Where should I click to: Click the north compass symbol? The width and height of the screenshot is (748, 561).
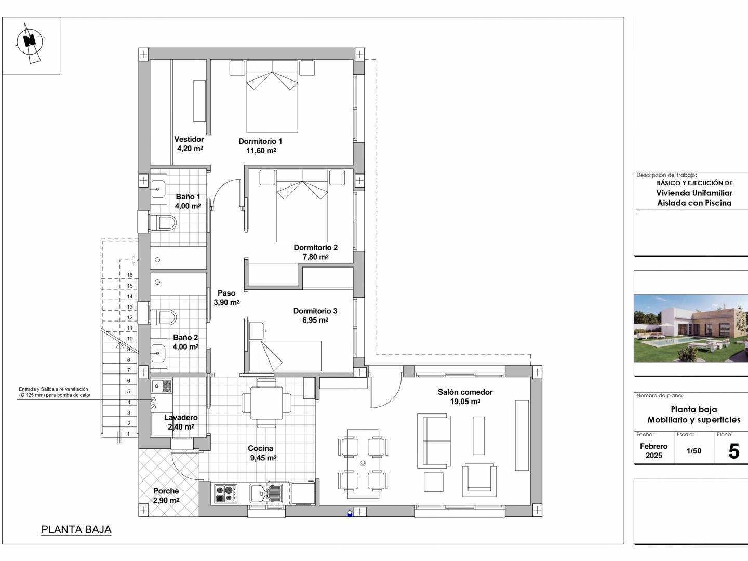click(x=30, y=43)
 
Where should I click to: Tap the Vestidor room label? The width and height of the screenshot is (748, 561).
click(x=189, y=139)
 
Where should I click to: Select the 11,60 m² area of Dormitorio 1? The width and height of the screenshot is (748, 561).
click(x=261, y=150)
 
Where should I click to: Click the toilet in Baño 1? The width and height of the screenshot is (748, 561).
click(x=163, y=223)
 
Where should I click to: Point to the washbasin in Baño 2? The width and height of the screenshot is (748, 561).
click(x=158, y=353)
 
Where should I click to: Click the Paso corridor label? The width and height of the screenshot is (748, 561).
click(x=226, y=293)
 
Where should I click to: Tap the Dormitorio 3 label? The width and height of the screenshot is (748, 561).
click(x=315, y=311)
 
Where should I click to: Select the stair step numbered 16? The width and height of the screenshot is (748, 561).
click(x=130, y=275)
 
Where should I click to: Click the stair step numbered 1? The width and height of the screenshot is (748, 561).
click(x=128, y=434)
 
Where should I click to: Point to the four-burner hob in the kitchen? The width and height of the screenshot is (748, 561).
click(x=225, y=494)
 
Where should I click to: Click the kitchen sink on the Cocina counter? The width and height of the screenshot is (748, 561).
click(x=266, y=493)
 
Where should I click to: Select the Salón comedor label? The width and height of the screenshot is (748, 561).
click(x=465, y=392)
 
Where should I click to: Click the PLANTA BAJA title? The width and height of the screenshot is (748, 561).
click(x=76, y=530)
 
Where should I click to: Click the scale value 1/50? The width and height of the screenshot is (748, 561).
click(x=694, y=451)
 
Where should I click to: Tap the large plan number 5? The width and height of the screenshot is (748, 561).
click(x=733, y=451)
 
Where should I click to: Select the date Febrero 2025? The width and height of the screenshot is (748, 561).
click(x=653, y=451)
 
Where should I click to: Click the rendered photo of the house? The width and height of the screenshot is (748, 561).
click(x=691, y=328)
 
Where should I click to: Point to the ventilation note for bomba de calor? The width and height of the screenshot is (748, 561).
click(x=55, y=392)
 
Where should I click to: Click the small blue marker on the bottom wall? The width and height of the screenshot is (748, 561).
click(x=349, y=513)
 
